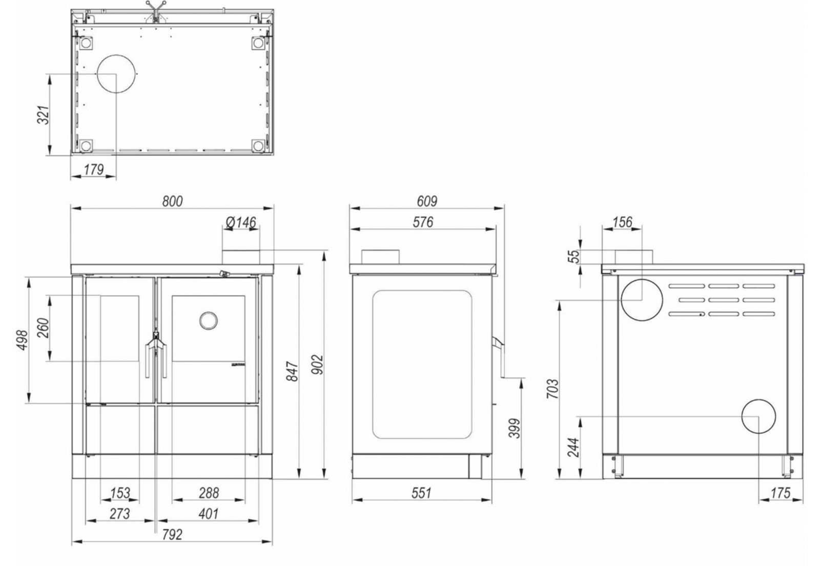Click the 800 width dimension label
(172, 201)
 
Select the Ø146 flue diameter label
(241, 222)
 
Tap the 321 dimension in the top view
(43, 115)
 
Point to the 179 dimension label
(94, 170)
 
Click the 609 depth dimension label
(427, 201)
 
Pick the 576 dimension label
(423, 222)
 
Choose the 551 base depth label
(421, 493)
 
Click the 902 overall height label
(317, 364)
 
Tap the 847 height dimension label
(293, 371)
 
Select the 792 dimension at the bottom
(172, 535)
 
